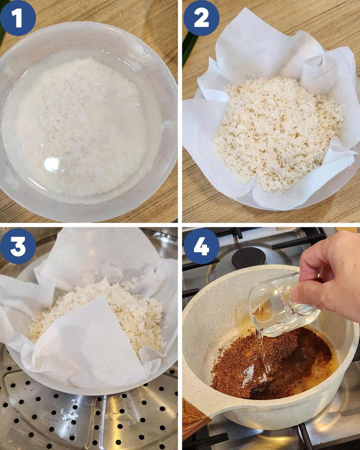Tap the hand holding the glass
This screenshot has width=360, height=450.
click(330, 276)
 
